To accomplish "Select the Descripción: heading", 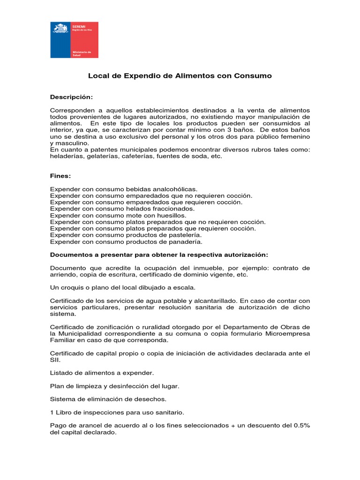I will point(72,97).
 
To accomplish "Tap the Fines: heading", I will point(60,176).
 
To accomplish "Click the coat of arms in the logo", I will point(60,29).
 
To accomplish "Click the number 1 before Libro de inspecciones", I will point(52,412).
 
